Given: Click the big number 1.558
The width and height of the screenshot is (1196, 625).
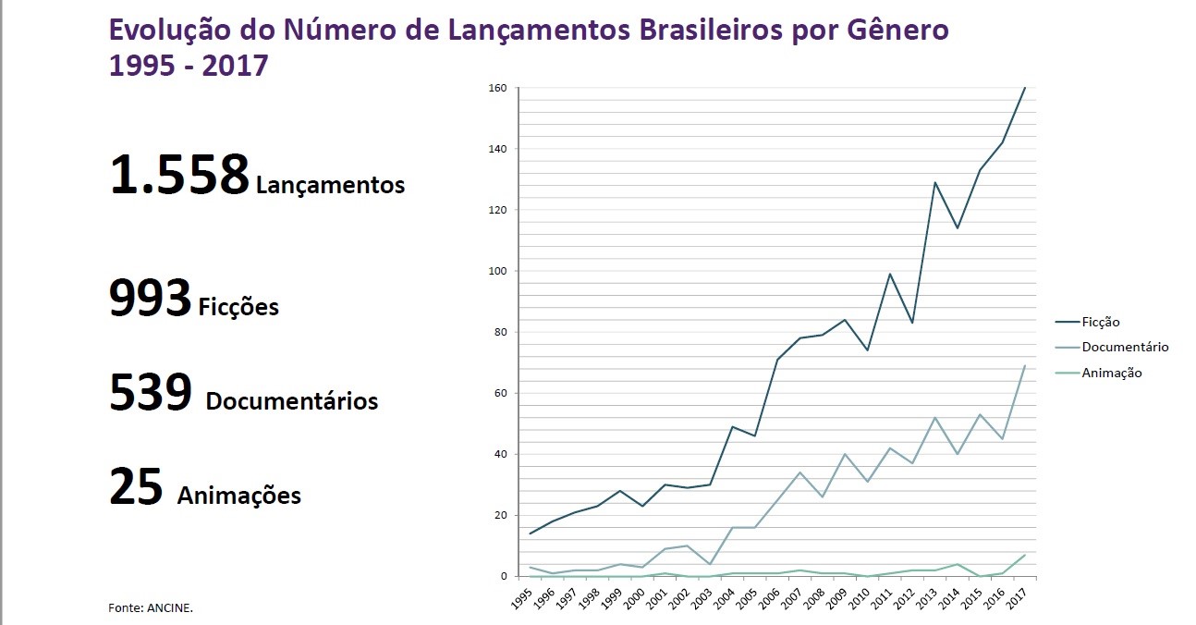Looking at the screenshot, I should point(179,175).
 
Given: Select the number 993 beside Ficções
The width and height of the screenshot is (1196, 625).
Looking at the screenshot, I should point(150,299).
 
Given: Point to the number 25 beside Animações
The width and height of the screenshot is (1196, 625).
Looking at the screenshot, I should point(136,486).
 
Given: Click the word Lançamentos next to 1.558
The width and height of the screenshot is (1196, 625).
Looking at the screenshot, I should point(330,185).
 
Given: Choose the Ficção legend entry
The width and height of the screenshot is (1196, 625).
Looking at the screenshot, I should point(1099,322).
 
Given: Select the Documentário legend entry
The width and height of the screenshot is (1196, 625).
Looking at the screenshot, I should point(1124,348).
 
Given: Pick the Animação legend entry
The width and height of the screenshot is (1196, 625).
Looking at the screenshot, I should point(1111,373).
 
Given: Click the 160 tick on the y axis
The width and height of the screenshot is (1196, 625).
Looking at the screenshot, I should point(498,88).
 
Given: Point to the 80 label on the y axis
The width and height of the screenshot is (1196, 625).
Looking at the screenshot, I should point(501,332).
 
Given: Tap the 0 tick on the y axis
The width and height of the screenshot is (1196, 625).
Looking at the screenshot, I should point(505,576).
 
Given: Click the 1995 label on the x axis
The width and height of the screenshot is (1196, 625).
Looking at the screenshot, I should point(522,595).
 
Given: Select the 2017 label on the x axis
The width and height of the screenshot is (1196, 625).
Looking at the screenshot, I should point(1018,595).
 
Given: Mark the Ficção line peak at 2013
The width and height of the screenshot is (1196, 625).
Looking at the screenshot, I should point(934,182).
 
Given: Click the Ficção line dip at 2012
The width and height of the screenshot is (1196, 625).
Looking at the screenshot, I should point(912,323).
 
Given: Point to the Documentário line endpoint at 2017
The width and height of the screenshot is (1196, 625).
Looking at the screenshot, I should point(1025,365).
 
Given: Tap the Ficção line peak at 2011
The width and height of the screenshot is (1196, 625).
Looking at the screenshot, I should point(889,274).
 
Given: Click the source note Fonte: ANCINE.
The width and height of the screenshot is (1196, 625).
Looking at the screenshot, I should point(151,607).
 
